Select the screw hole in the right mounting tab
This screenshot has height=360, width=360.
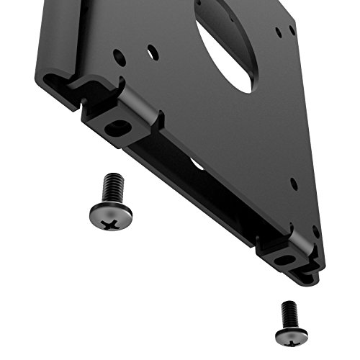click(285, 260)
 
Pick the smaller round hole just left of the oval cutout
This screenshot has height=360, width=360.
click(152, 53)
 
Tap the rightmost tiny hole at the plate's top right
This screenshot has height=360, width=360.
click(292, 30)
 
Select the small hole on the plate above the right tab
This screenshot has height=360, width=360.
click(293, 183)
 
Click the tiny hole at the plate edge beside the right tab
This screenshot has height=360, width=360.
click(315, 231)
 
